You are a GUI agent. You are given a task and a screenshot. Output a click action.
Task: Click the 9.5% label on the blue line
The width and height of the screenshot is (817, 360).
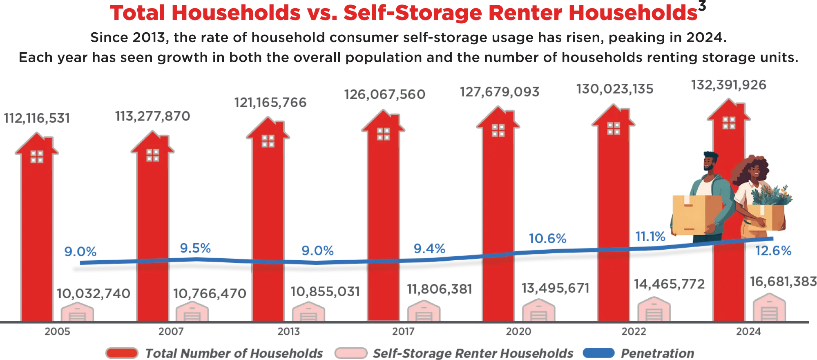196,248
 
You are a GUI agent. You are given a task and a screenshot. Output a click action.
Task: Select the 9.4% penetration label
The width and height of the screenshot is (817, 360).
429,248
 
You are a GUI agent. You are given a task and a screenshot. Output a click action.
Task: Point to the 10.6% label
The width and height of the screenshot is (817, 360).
547,238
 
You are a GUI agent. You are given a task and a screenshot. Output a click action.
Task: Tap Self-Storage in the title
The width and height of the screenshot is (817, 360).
412,13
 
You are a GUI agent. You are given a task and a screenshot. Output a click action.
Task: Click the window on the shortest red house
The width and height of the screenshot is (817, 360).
37,157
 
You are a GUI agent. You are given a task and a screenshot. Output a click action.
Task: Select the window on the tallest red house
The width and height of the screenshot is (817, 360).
729,123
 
